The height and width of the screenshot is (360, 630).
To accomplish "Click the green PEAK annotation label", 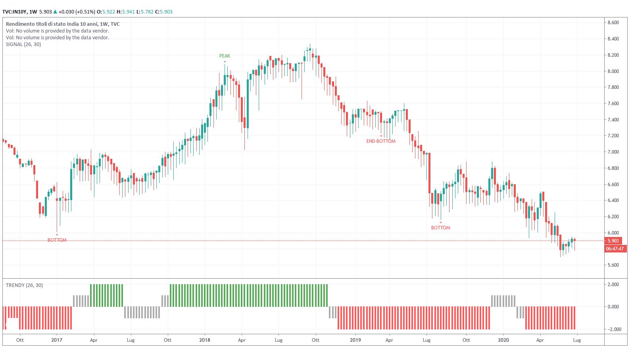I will click(225, 56).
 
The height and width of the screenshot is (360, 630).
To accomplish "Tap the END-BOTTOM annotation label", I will click(381, 141).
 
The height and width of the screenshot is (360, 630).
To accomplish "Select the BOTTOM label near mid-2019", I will click(441, 228).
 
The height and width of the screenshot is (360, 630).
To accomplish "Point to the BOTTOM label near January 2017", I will click(57, 240).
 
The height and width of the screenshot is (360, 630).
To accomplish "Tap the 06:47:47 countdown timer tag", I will click(615, 249).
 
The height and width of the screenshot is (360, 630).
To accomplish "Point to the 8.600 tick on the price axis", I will click(613, 23).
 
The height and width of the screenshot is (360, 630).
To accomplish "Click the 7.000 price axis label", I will click(613, 152).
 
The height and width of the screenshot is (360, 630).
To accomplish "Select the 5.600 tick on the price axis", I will click(613, 265).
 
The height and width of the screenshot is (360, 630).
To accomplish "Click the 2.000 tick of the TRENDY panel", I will click(613, 285).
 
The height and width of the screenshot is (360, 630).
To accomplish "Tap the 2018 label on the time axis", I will click(205, 340).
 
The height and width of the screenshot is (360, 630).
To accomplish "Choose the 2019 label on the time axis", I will click(355, 340).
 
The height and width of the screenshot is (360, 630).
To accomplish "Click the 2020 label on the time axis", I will click(503, 340).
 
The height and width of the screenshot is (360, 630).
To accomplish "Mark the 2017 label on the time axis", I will click(57, 340).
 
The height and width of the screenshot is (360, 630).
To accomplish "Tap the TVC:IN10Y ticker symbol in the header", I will click(14, 12).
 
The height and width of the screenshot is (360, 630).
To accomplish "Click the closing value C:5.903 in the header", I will click(163, 12).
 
